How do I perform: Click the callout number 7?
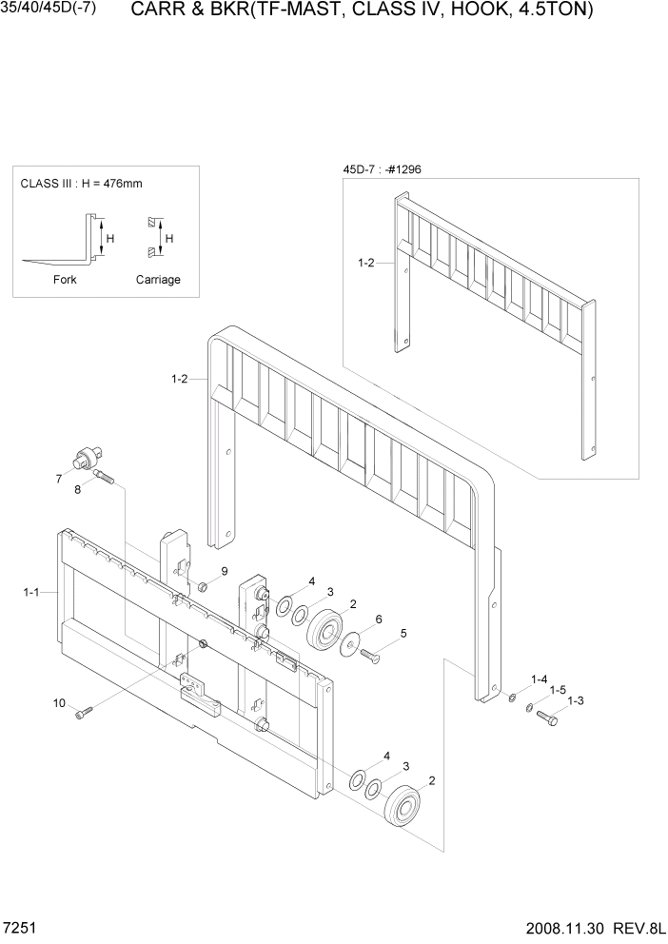(58, 478)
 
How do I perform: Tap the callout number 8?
(77, 489)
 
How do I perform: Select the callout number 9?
(225, 571)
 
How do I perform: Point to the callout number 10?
(59, 703)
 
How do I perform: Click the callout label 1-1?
(31, 593)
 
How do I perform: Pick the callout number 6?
(379, 619)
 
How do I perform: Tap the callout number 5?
(403, 633)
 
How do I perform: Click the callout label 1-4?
(539, 678)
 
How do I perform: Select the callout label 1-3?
(575, 701)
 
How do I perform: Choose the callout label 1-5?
(558, 690)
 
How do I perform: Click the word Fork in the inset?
(65, 280)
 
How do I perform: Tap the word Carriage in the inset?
(158, 280)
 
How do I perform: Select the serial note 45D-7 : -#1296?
(382, 169)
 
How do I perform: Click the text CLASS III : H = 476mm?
(81, 184)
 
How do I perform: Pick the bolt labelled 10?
(84, 711)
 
